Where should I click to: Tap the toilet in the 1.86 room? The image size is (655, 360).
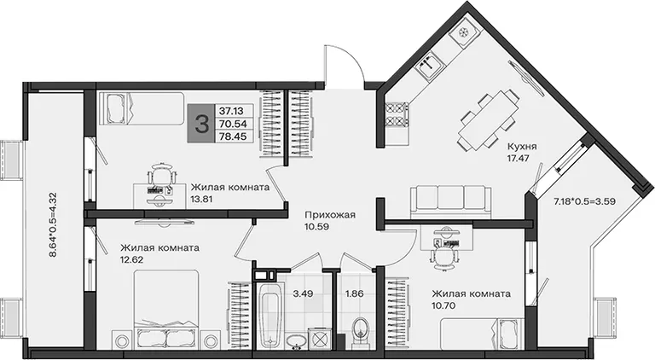[x=360, y=332]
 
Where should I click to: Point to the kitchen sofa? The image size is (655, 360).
[x=450, y=202]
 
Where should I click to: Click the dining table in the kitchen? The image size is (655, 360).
[x=488, y=120]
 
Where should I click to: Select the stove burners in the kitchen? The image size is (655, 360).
[x=397, y=115]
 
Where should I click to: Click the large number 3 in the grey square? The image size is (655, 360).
[x=202, y=124]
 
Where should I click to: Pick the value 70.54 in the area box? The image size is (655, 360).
[x=233, y=124]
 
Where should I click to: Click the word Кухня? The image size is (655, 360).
[x=522, y=147]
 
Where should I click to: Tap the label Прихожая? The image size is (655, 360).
[x=330, y=215]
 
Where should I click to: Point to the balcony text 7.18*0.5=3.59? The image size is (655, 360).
[x=584, y=200]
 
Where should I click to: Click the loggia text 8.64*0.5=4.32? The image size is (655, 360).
[x=53, y=224]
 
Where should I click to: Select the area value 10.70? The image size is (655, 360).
[x=443, y=305]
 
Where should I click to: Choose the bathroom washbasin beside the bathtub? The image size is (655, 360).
[x=297, y=340]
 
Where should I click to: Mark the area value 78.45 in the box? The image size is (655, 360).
[x=233, y=136]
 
